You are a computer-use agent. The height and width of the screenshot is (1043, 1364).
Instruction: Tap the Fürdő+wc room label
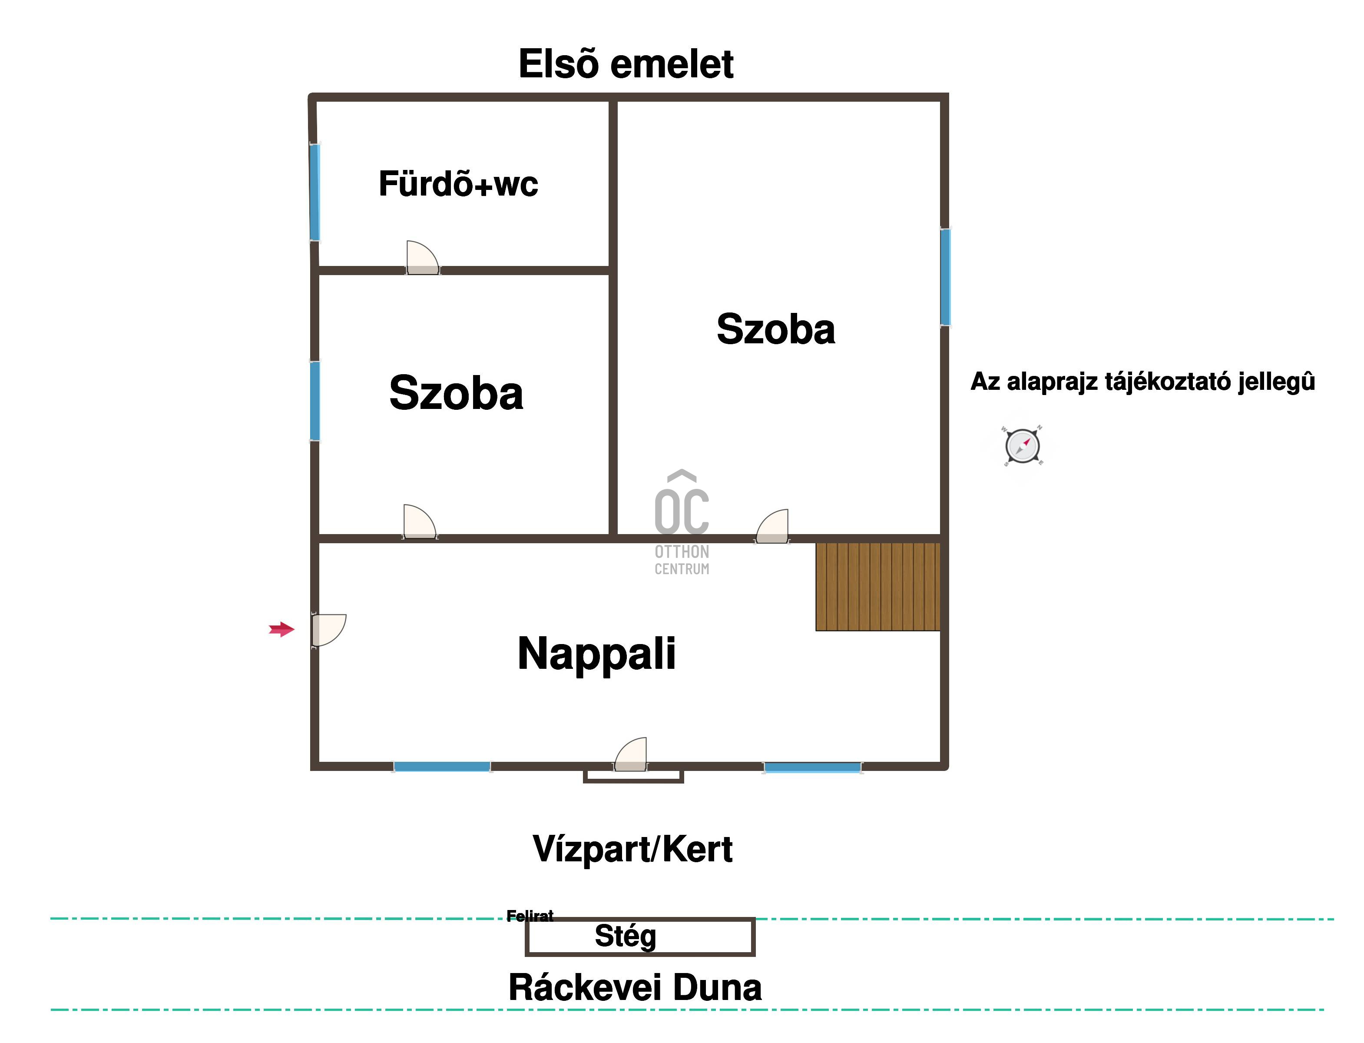coord(458,184)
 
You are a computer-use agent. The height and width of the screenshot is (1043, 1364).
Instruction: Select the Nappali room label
coord(596,653)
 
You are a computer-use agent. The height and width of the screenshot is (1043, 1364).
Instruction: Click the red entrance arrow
coord(281,630)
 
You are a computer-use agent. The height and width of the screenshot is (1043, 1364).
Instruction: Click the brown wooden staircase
coord(877,587)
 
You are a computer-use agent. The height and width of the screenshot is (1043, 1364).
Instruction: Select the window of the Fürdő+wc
coord(315,193)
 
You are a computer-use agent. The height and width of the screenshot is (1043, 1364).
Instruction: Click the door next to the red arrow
coord(328,630)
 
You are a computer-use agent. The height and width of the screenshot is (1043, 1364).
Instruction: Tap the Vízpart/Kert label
coord(632,849)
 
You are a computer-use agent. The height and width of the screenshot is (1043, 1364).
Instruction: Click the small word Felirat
coord(530,916)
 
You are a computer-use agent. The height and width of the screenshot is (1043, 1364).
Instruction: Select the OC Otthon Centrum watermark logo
coord(682,522)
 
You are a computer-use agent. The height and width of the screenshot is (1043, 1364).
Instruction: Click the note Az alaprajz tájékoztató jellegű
coord(1142,381)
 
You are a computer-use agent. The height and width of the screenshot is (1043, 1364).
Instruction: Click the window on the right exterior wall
coord(944,277)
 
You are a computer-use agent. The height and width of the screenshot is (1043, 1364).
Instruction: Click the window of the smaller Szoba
coord(315,401)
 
